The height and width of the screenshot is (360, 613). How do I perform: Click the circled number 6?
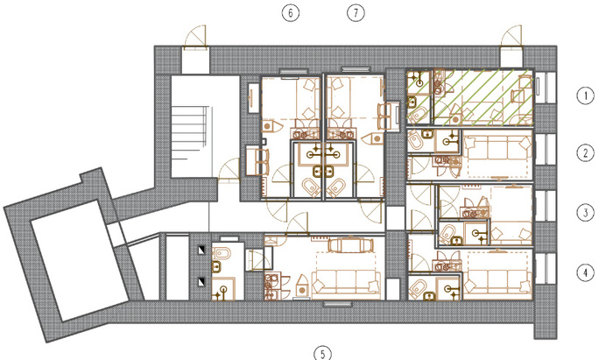291,13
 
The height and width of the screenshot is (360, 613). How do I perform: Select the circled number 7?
356,13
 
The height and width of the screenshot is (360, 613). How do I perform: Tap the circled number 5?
322,354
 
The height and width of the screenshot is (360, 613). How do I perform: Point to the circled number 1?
585,95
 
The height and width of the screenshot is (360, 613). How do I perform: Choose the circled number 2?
585,152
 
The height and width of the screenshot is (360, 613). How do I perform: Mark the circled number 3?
585,213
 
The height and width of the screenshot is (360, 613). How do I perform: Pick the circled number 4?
585,272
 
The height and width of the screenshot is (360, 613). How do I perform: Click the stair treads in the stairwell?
189,133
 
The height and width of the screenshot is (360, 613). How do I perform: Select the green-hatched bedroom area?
483,97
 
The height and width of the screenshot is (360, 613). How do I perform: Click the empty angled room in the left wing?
81,260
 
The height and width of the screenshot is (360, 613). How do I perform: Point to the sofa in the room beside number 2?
497,148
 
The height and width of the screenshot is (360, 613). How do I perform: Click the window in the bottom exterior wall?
338,304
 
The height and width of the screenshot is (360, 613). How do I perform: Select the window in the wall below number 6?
293,72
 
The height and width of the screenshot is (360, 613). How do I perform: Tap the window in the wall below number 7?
356,69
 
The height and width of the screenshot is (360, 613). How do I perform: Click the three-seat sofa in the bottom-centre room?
346,282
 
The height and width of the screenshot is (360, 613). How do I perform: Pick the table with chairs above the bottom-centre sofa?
350,244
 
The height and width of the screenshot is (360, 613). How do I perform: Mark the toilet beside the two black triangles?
222,254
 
